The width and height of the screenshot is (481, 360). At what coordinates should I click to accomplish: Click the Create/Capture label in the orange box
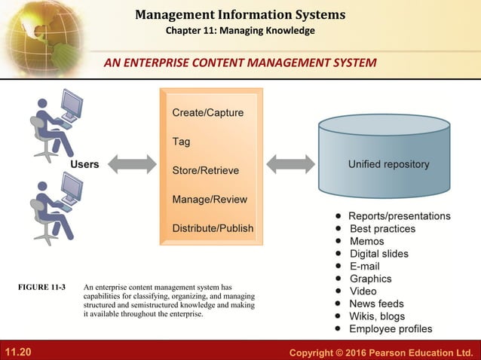click(207, 113)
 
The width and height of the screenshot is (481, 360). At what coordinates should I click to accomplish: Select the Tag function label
click(181, 142)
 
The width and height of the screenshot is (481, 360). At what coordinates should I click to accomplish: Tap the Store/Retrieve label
click(205, 170)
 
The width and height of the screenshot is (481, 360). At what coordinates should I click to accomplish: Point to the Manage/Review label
click(209, 200)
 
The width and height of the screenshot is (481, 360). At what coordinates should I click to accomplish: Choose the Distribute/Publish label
click(213, 228)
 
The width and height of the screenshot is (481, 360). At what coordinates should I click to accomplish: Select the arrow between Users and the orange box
click(133, 163)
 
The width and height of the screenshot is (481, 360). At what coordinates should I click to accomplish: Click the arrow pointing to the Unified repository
click(291, 163)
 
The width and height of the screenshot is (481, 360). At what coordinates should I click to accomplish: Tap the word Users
click(84, 164)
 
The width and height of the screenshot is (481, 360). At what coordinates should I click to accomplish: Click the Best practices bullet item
click(382, 229)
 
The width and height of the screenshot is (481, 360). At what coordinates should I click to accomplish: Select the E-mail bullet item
click(364, 267)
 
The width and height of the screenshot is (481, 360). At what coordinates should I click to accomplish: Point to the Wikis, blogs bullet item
click(377, 316)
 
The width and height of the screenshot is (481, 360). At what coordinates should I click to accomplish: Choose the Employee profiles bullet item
click(391, 329)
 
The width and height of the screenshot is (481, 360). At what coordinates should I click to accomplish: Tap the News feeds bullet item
click(376, 304)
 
